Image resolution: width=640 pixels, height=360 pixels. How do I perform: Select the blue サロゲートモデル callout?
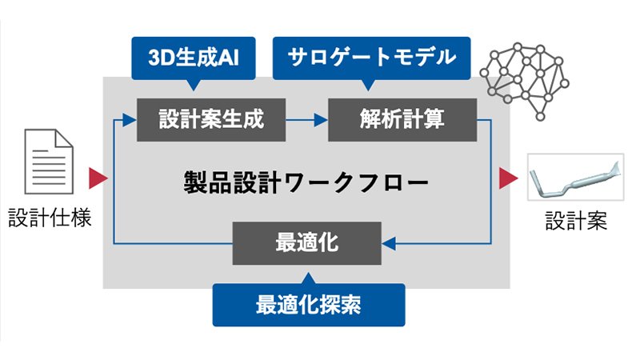(371, 58)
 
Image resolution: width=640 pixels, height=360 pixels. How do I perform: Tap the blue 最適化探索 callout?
(308, 304)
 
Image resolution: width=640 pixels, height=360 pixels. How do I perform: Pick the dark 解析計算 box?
(403, 120)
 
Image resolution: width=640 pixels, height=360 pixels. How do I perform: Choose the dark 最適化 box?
(306, 242)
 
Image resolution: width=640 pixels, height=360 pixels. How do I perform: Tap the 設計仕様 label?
(50, 217)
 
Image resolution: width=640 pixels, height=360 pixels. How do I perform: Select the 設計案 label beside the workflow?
(576, 218)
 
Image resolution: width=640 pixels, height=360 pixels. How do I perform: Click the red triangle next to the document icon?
(98, 178)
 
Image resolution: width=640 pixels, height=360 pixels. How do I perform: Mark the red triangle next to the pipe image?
(507, 178)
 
